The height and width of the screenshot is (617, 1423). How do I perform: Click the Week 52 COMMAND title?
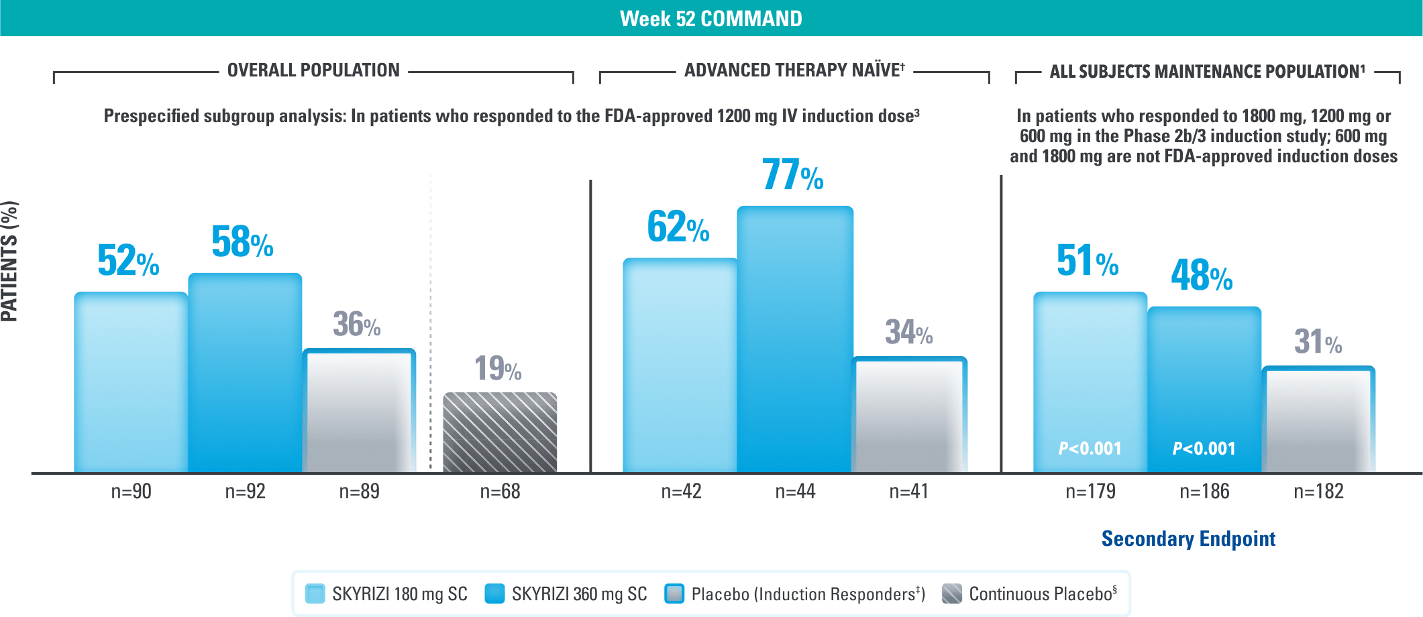710,18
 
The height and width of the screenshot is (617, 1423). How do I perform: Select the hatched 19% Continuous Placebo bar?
500,432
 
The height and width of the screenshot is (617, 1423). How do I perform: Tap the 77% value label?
792,175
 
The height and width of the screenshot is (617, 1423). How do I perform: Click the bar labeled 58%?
245,372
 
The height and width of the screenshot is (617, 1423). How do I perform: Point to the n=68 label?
500,492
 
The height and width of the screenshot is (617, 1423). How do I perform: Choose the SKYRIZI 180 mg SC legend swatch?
315,594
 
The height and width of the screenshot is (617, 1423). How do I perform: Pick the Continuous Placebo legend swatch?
951,594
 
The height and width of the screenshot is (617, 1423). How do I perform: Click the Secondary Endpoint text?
1188,539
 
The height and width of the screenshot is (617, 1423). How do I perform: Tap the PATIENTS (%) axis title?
10,262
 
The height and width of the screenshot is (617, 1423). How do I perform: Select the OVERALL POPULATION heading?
313,70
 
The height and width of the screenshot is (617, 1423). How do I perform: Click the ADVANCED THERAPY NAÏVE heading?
794,70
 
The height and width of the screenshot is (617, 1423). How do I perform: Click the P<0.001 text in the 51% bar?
1090,448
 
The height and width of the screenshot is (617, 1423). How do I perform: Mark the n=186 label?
1204,492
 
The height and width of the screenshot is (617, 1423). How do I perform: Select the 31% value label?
1318,342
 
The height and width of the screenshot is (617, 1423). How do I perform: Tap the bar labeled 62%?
680,366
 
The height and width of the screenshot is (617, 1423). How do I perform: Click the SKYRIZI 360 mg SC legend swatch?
494,594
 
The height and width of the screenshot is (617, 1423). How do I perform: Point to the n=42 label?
681,492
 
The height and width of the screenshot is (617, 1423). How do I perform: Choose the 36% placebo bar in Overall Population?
359,410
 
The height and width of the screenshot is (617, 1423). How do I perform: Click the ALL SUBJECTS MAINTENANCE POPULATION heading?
1207,71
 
